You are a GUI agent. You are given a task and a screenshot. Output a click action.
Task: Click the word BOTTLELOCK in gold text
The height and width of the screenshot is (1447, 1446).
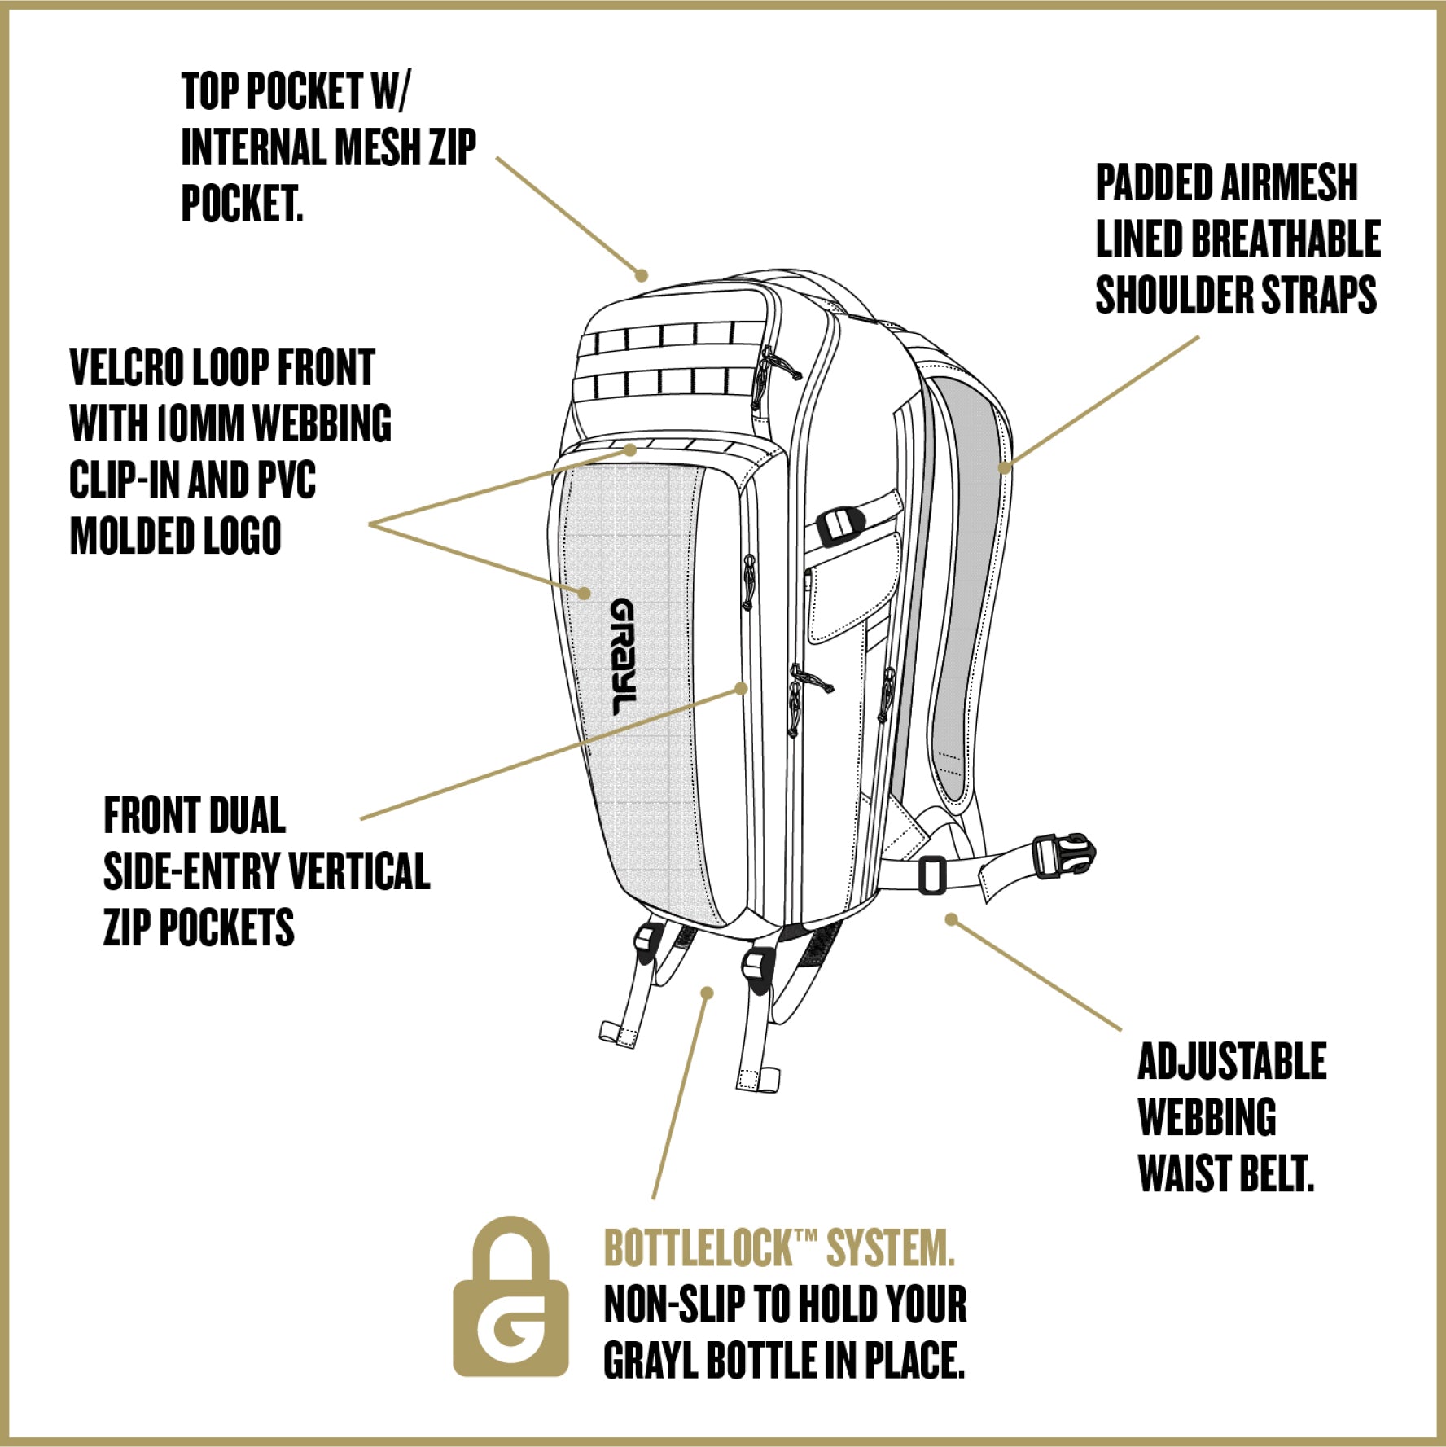698,1247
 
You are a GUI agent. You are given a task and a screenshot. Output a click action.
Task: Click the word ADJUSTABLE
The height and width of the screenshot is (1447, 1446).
1231,1062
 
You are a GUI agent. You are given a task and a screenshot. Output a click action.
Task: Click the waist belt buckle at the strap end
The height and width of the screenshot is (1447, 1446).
1063,856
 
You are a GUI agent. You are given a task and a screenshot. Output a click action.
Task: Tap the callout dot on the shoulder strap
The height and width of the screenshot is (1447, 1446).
1006,467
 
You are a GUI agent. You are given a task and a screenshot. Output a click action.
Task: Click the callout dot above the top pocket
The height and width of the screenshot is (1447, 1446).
642,275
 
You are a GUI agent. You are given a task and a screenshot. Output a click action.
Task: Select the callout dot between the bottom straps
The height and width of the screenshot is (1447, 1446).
708,993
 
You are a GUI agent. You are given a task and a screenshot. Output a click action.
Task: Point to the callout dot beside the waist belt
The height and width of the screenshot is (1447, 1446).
951,919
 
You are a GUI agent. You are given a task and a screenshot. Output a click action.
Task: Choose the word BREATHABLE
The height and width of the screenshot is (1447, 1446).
1286,239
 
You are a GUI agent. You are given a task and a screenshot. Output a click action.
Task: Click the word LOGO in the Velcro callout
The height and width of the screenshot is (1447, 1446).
242,537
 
